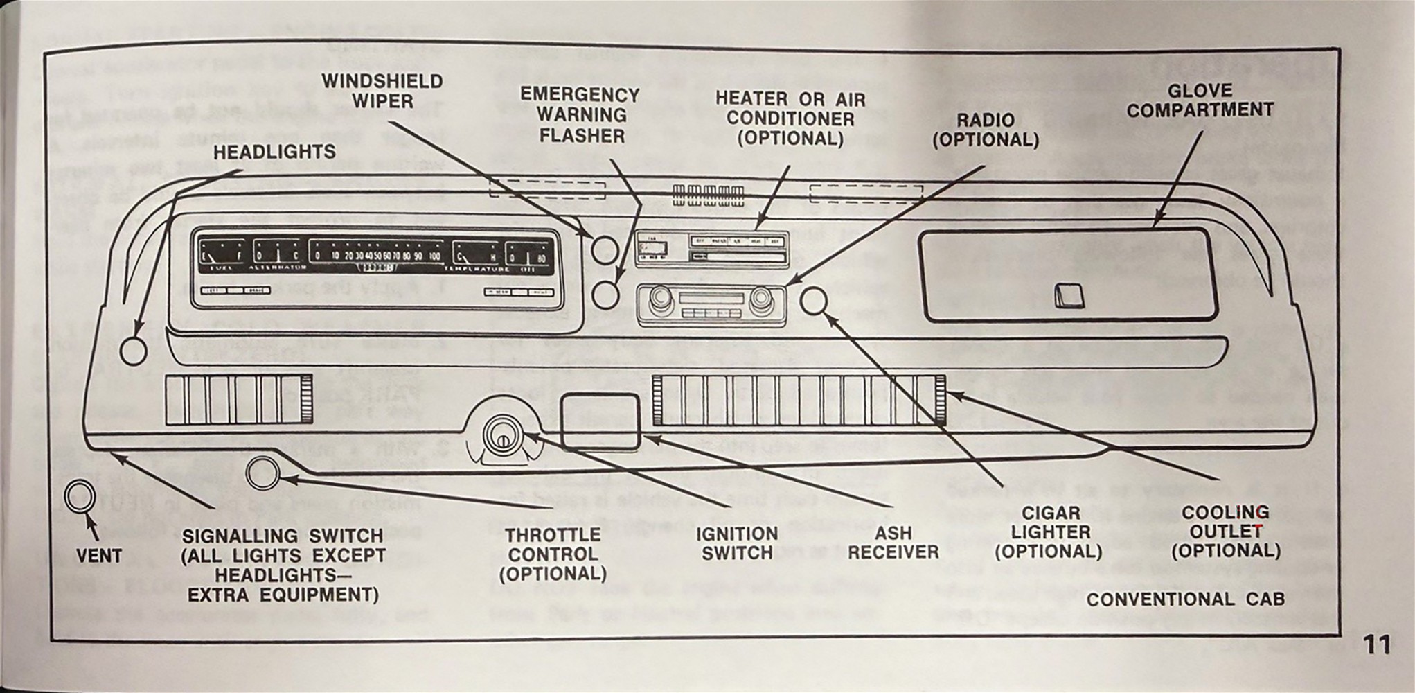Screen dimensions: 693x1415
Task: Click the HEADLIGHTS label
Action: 274,152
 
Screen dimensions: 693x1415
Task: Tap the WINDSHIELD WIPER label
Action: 382,91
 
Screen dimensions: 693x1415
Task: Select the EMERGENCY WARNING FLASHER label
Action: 580,114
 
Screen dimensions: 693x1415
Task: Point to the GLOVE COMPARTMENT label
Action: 1200,100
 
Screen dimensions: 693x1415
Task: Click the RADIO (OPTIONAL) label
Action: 986,130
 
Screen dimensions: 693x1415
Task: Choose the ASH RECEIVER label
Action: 893,543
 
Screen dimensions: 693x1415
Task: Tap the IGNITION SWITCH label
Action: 736,543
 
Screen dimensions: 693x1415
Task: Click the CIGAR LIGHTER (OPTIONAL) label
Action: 1049,532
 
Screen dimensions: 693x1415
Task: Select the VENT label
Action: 99,556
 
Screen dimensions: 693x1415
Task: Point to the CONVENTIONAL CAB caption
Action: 1185,599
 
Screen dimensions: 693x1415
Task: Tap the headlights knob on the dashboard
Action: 133,350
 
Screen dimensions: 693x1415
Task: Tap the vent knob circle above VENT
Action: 79,496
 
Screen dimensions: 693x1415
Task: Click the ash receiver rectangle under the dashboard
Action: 599,420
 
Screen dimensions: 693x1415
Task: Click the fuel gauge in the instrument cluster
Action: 222,256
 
